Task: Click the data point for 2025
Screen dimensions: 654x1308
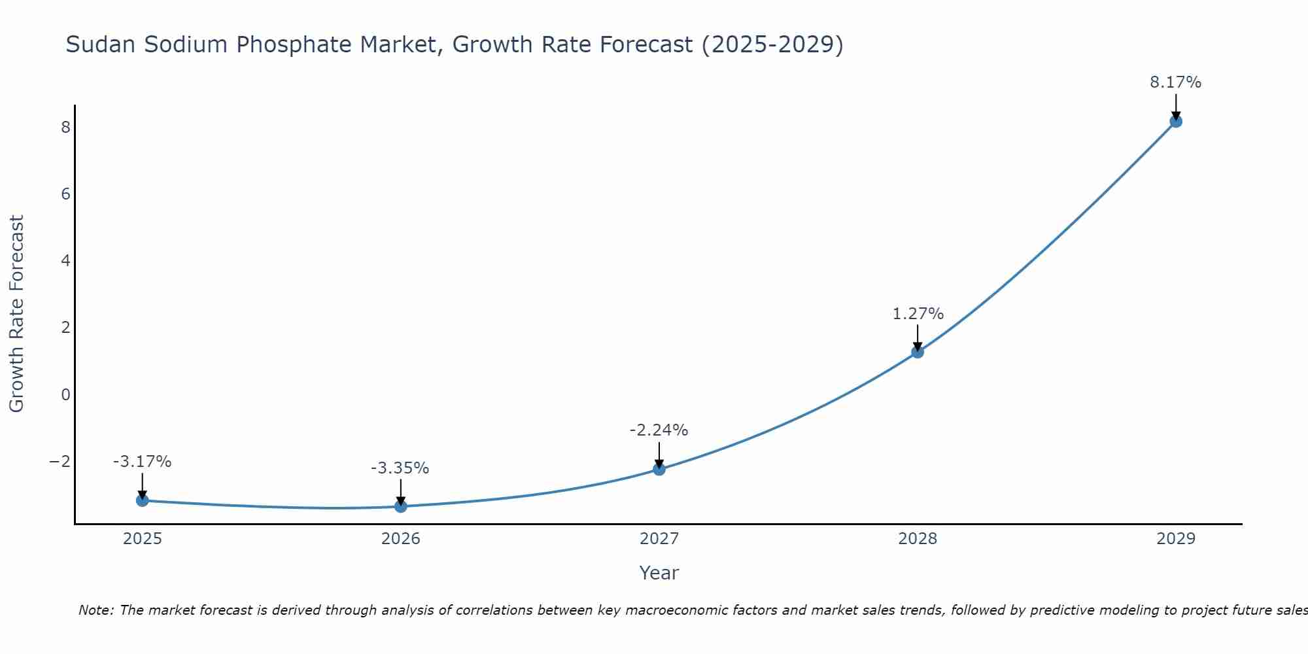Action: tap(143, 500)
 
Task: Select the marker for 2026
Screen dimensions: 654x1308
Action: tap(401, 506)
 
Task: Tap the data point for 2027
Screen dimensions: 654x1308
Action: tap(659, 469)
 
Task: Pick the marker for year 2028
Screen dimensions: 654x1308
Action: tap(918, 352)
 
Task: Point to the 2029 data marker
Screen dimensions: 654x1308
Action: tap(1176, 121)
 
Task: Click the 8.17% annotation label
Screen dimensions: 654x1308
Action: tap(1175, 82)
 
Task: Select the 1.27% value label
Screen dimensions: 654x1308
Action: tap(918, 314)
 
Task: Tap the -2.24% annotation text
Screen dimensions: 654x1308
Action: tap(659, 430)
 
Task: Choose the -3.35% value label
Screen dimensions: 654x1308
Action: tap(400, 468)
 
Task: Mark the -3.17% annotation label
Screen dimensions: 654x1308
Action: tap(142, 462)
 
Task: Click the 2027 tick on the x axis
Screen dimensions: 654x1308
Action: tap(659, 539)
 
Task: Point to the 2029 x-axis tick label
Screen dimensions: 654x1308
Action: tap(1176, 539)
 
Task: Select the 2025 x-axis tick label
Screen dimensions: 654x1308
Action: tap(143, 539)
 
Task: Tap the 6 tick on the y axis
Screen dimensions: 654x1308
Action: tap(65, 194)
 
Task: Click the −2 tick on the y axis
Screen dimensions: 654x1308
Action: tap(60, 462)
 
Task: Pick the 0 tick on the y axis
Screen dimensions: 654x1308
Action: tap(65, 395)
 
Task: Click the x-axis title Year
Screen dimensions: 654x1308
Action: tap(659, 573)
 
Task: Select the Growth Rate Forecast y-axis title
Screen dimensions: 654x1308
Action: tap(16, 314)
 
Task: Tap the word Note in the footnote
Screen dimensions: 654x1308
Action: tap(95, 610)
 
